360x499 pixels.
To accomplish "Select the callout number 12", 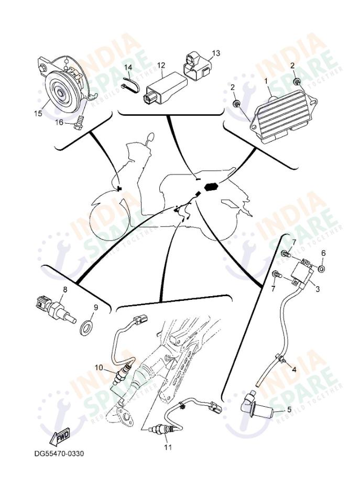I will point(161,66).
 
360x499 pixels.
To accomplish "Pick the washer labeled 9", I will point(86,329).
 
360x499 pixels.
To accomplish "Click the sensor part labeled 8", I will point(52,308).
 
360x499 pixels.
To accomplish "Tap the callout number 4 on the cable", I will point(294,370).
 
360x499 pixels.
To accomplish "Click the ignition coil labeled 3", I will point(302,273).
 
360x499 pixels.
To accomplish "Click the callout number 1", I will point(266,81).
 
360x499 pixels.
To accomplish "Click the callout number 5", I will point(288,409).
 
